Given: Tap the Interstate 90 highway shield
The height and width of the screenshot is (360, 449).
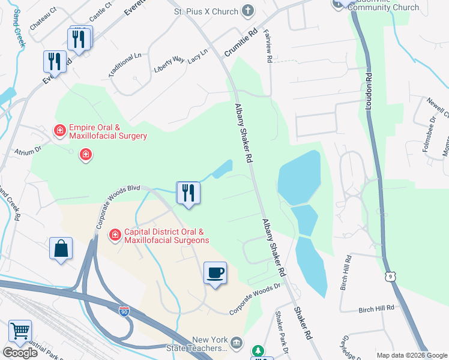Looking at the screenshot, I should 124,312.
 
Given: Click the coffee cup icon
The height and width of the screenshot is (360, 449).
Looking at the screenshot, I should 215,273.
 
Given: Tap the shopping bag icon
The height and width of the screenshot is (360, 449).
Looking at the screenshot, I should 61,248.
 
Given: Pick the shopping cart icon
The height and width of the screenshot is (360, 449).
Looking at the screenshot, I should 20,331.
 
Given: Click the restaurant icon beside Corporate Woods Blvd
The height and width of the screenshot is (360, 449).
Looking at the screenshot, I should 188,193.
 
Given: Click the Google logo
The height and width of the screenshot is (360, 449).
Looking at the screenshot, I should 20,353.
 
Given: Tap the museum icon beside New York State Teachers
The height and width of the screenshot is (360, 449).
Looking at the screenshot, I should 237,343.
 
